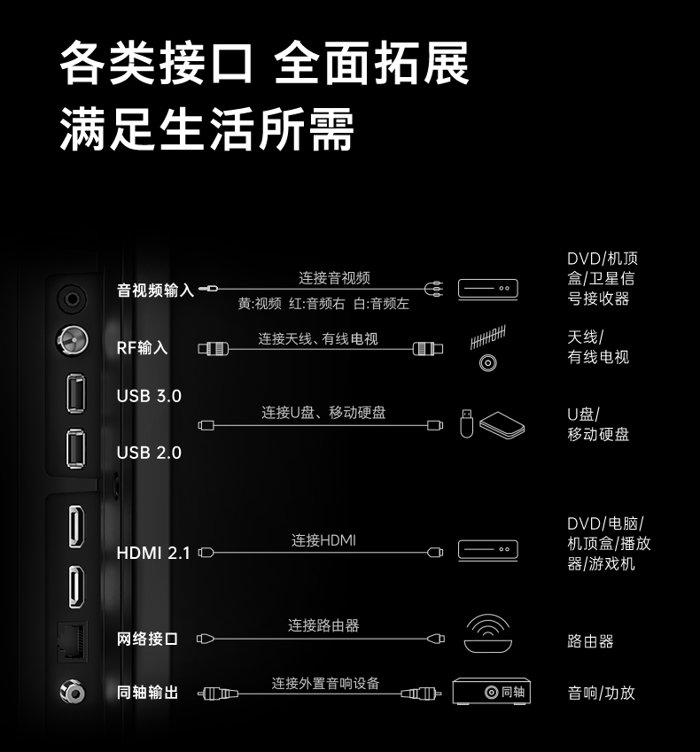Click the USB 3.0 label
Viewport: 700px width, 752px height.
click(x=149, y=396)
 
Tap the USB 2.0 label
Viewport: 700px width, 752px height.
click(x=149, y=453)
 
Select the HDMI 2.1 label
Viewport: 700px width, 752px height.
click(x=153, y=553)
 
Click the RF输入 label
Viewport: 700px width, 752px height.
click(x=142, y=347)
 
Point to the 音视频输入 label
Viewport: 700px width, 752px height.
click(x=155, y=290)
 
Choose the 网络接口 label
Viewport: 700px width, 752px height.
click(x=147, y=639)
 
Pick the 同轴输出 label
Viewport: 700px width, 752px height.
click(x=147, y=693)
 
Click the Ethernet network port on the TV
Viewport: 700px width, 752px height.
click(x=74, y=639)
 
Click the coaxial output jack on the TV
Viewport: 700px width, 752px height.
click(x=72, y=691)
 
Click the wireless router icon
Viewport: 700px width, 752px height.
click(x=487, y=634)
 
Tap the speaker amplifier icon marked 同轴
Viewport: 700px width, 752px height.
click(x=491, y=692)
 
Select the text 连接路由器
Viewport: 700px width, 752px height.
click(x=323, y=625)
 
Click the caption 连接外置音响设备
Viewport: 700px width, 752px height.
click(x=325, y=683)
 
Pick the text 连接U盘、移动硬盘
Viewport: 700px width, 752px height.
click(x=323, y=412)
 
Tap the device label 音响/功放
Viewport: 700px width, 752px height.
click(x=601, y=693)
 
